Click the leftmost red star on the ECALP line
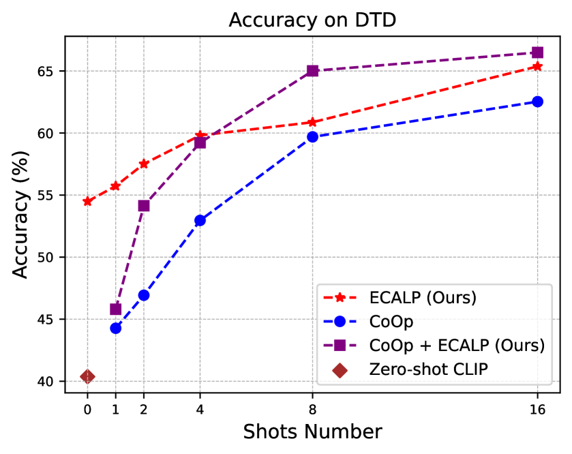pyautogui.click(x=87, y=201)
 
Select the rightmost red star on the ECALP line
pyautogui.click(x=537, y=66)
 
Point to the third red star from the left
pyautogui.click(x=144, y=164)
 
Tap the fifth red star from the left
pyautogui.click(x=312, y=122)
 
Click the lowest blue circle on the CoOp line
pyautogui.click(x=116, y=328)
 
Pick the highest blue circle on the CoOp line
pyautogui.click(x=537, y=102)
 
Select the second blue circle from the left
pyautogui.click(x=144, y=294)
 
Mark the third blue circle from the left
pyautogui.click(x=200, y=220)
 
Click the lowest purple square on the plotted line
pyautogui.click(x=116, y=309)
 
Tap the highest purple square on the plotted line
pyautogui.click(x=537, y=52)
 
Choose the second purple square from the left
pyautogui.click(x=144, y=206)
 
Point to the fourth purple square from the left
pyautogui.click(x=312, y=71)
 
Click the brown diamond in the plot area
pyautogui.click(x=87, y=376)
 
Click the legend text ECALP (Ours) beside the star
pyautogui.click(x=423, y=298)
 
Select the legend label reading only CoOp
pyautogui.click(x=391, y=322)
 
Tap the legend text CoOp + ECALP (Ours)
pyautogui.click(x=457, y=346)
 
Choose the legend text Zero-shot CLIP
pyautogui.click(x=429, y=369)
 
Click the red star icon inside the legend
pyautogui.click(x=340, y=298)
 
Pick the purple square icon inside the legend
pyautogui.click(x=340, y=346)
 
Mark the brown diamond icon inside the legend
pyautogui.click(x=340, y=369)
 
